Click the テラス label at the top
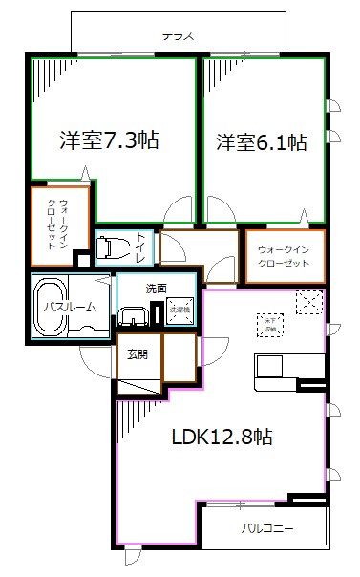pos(177,34)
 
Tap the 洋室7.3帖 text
pos(109,140)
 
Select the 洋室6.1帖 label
pos(261,142)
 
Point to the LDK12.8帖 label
pos(222,438)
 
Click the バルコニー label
pos(266,527)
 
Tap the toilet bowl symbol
pos(113,247)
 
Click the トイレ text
pos(140,246)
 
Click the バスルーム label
pos(66,307)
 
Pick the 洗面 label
pos(156,287)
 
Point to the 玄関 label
pos(138,354)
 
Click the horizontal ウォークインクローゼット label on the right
pos(284,256)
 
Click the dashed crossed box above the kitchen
pos(308,301)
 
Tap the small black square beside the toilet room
pos(82,258)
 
